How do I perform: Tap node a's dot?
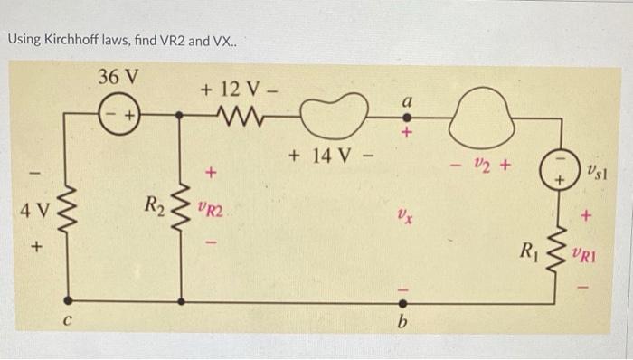click(406, 117)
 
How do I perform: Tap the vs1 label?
click(598, 169)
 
